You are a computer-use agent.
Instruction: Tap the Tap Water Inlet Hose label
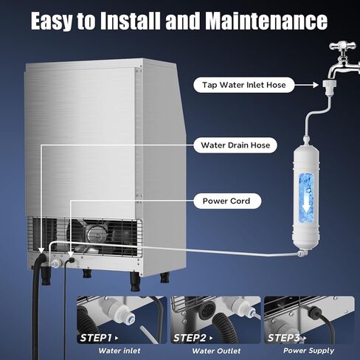(243, 85)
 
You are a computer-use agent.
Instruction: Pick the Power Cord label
(226, 201)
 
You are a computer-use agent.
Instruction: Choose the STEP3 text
(285, 337)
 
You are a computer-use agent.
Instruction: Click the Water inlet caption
(120, 351)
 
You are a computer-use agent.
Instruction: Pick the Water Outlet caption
(215, 351)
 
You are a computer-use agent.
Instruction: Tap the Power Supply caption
(308, 351)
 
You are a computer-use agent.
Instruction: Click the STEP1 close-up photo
(121, 317)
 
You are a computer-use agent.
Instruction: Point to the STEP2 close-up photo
(215, 317)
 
